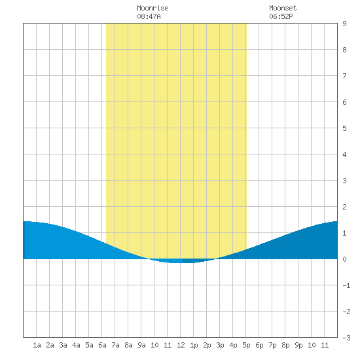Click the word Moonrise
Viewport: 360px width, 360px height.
tap(153, 8)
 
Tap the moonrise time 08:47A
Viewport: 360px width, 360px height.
tap(149, 16)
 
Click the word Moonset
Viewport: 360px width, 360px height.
tap(283, 8)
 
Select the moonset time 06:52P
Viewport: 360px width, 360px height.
tap(281, 16)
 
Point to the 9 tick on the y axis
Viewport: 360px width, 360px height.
tap(344, 24)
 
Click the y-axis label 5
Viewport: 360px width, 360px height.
tap(344, 128)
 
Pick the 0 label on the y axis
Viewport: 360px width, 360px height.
tap(344, 259)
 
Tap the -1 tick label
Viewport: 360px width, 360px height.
tap(346, 285)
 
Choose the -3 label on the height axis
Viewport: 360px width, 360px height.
tap(346, 338)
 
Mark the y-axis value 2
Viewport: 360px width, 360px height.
tap(344, 207)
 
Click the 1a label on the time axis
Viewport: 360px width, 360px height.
tap(37, 345)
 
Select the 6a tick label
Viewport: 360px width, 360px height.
tap(102, 345)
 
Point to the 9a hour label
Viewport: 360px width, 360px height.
tap(141, 345)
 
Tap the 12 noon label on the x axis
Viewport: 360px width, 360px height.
tap(181, 345)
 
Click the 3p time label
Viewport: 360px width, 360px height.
tap(220, 345)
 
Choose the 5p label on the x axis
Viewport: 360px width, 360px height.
tap(246, 345)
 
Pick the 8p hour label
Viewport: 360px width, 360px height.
tap(285, 345)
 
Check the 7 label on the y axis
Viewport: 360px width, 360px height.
tap(344, 76)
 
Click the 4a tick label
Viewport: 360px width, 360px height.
tap(76, 345)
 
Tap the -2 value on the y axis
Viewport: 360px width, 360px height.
tap(346, 312)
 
